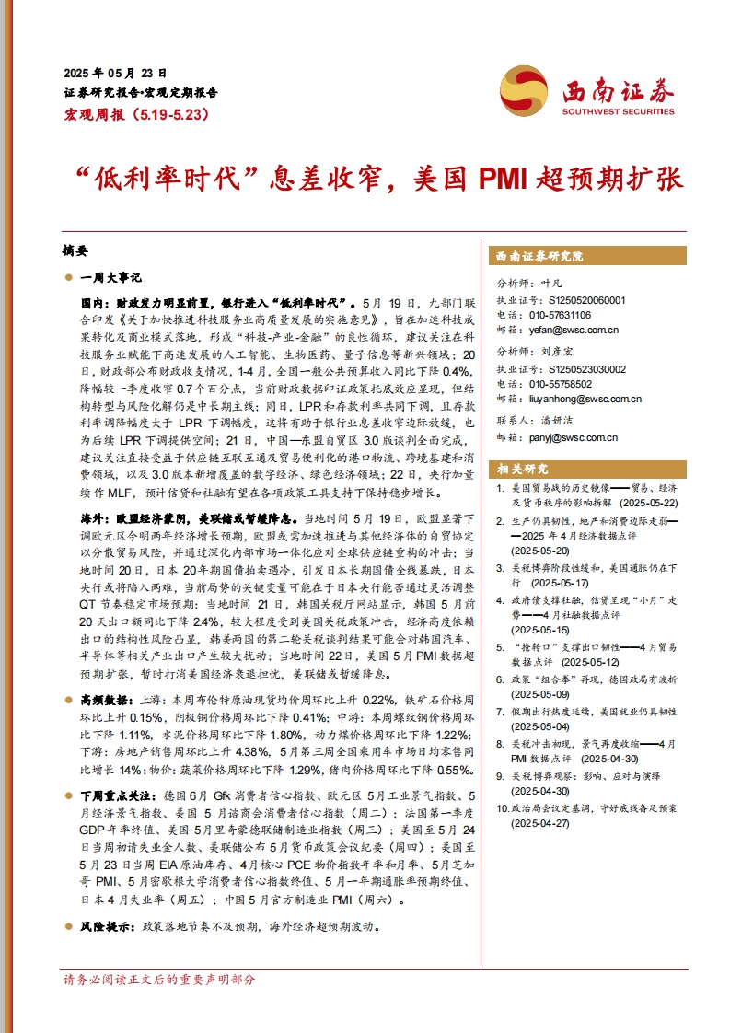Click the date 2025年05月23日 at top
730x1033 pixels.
click(x=115, y=73)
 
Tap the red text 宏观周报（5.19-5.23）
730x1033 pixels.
click(x=137, y=115)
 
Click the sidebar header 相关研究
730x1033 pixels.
click(x=522, y=467)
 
